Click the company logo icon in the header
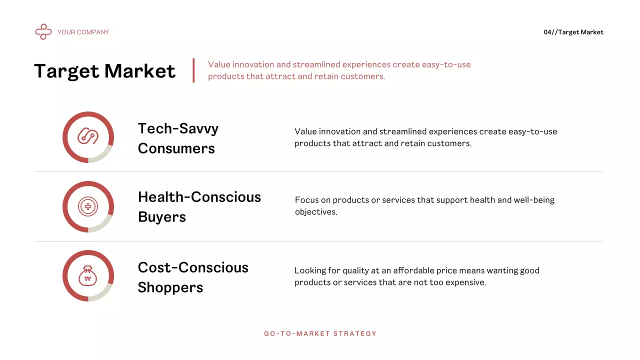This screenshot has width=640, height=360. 43,32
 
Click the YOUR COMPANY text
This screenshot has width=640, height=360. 83,32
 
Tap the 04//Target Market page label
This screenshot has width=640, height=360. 573,32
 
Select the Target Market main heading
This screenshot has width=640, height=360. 105,71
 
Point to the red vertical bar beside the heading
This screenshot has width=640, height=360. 193,70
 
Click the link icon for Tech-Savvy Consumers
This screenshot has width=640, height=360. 88,137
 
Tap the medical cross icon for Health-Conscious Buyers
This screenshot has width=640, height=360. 88,206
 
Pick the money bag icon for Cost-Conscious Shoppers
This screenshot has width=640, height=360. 88,276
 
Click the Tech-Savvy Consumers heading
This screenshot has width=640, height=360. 178,138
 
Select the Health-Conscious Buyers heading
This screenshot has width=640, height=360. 199,206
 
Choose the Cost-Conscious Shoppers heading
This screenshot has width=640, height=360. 193,277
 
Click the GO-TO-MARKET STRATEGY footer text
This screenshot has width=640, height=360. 320,333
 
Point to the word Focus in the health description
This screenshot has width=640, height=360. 306,200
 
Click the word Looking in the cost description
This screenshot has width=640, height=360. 310,270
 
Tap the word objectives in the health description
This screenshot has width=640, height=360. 315,212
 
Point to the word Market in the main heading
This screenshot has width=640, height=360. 140,71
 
